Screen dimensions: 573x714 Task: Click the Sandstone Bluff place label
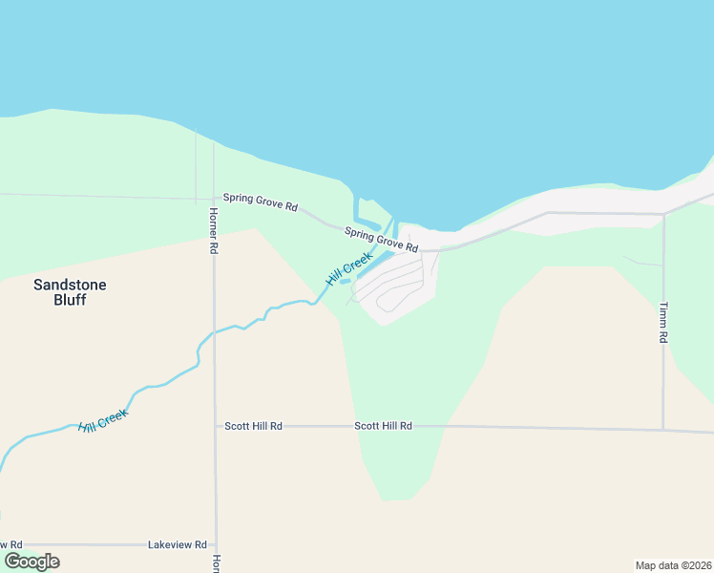(x=70, y=291)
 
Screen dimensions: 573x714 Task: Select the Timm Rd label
(x=662, y=323)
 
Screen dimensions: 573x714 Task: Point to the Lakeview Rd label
(x=178, y=544)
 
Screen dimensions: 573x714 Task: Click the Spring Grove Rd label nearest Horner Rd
(x=261, y=202)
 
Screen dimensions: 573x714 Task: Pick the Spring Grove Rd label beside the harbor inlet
(x=382, y=240)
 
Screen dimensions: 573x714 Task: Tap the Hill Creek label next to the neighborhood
(x=348, y=269)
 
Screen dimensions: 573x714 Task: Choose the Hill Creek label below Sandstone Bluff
(x=103, y=420)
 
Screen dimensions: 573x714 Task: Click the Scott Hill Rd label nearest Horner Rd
(x=253, y=426)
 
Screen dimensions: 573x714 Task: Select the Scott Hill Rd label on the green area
(x=383, y=426)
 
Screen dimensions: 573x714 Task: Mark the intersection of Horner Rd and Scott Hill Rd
(x=215, y=426)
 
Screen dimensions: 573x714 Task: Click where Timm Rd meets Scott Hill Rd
(x=663, y=429)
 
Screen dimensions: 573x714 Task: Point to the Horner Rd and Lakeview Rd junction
(x=216, y=544)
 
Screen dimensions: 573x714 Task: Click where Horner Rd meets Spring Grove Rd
(x=214, y=200)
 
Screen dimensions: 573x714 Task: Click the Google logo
(x=31, y=562)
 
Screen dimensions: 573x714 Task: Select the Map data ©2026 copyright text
(x=673, y=564)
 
